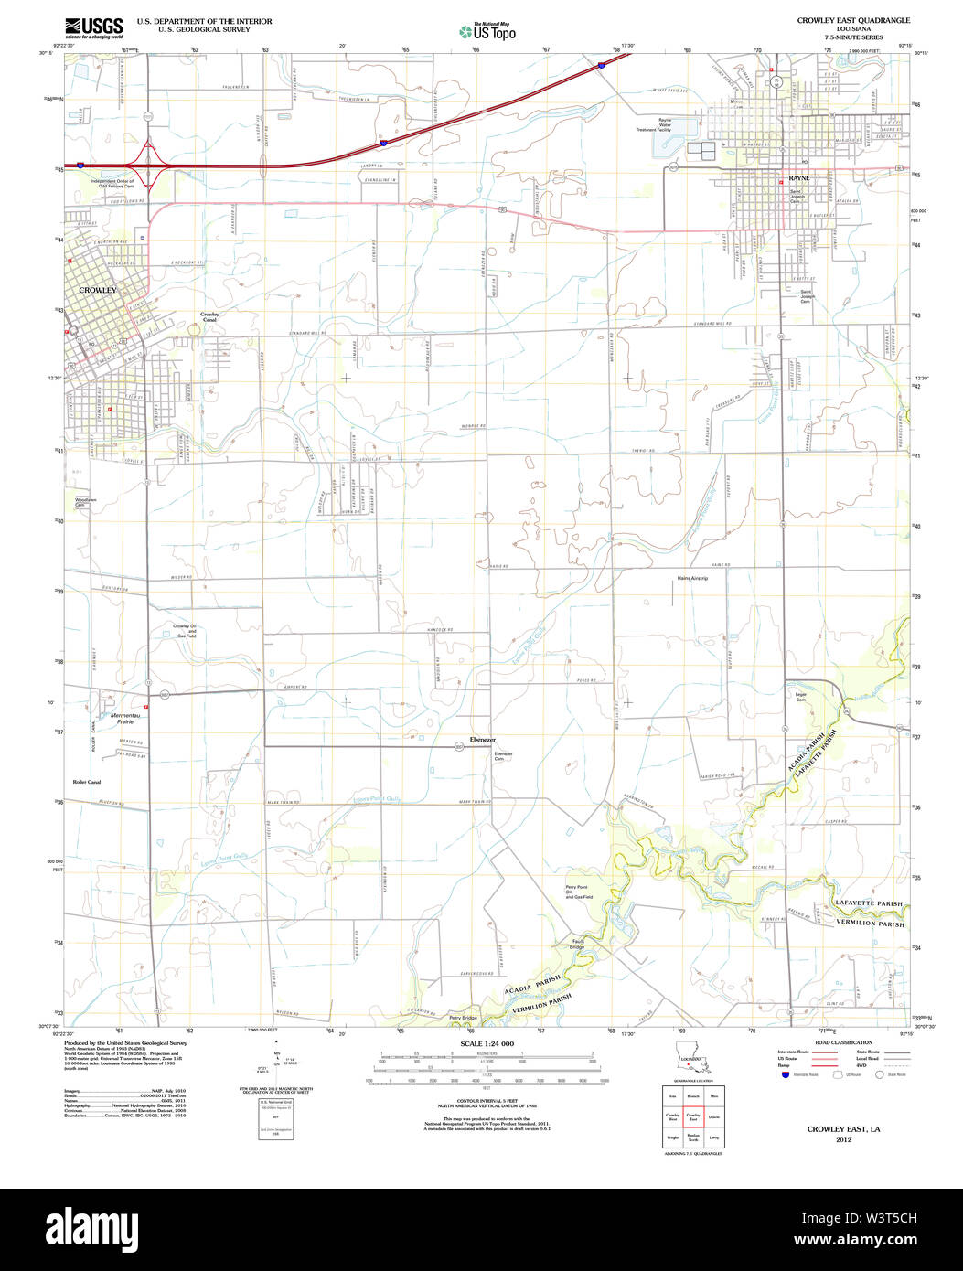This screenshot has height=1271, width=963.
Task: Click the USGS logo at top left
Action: pyautogui.click(x=92, y=27)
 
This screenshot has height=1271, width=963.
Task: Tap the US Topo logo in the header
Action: pyautogui.click(x=487, y=31)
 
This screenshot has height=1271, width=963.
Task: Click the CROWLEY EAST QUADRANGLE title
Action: pyautogui.click(x=852, y=19)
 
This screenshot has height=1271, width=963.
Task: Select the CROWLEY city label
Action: pyautogui.click(x=98, y=290)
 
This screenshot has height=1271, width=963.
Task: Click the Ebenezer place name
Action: pyautogui.click(x=482, y=738)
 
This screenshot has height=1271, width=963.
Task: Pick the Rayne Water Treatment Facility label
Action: pyautogui.click(x=666, y=125)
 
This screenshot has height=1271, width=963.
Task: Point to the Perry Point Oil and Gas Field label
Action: pyautogui.click(x=580, y=892)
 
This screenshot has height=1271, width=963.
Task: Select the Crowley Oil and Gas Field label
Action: pyautogui.click(x=186, y=631)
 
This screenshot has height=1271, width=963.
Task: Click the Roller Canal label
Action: pyautogui.click(x=87, y=782)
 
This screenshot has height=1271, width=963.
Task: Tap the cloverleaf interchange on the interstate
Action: pyautogui.click(x=147, y=166)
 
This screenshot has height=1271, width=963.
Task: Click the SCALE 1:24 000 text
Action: pyautogui.click(x=487, y=1044)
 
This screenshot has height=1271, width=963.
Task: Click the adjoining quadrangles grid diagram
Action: pyautogui.click(x=692, y=1116)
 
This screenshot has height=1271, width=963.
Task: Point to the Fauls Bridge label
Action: pyautogui.click(x=578, y=944)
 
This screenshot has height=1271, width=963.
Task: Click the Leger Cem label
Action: pyautogui.click(x=803, y=697)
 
